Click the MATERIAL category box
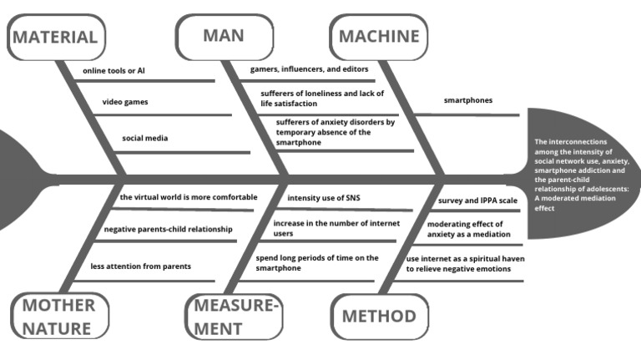tap(56, 37)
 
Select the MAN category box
tap(224, 36)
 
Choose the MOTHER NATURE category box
tap(59, 316)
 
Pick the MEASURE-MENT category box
tap(234, 316)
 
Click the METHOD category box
tap(379, 316)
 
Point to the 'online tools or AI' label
tap(115, 71)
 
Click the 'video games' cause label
tap(125, 102)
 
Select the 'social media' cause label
tap(144, 138)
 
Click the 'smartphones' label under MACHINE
tap(467, 100)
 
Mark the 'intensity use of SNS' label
tap(324, 198)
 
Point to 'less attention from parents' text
tap(141, 266)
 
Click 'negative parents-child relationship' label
tap(168, 229)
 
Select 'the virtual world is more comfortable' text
tap(188, 197)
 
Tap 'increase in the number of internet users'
tap(336, 228)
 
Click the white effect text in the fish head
tap(582, 175)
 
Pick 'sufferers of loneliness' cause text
tap(320, 99)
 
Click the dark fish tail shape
tap(15, 179)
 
